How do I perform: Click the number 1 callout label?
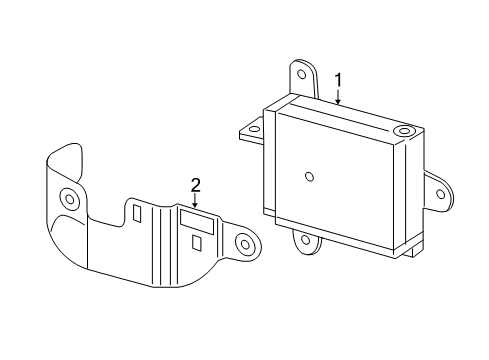coord(338,79)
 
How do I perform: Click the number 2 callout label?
coord(196,183)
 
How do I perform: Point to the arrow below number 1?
coord(338,96)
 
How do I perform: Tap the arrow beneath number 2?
coord(196,200)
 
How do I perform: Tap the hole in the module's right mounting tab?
coord(437,191)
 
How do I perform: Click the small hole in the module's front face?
coord(310,177)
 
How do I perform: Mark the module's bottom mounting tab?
coord(305,239)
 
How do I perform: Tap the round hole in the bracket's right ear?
coord(243,243)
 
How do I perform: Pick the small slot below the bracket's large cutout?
coord(197,242)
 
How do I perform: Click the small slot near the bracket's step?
coord(135,214)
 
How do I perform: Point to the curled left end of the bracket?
coord(62,170)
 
